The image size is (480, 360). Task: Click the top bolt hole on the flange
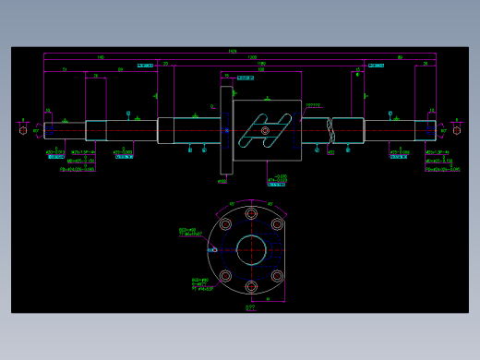coord(250,211)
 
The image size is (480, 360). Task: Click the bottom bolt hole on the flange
coord(250,287)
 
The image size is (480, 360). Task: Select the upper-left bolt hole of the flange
coord(224,223)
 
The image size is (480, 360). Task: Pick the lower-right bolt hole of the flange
coord(277,275)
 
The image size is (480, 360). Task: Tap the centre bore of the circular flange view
coord(250,249)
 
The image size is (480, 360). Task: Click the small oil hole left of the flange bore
coord(213,249)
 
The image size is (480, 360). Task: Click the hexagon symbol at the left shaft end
coord(22,129)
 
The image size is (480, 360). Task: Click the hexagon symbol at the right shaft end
coord(456,129)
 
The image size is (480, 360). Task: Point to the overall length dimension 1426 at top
coord(232,51)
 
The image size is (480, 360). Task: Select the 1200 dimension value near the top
coord(252,58)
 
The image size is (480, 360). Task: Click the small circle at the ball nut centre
coord(266,130)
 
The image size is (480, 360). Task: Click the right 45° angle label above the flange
coord(270,203)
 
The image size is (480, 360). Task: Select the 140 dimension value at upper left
coord(100,58)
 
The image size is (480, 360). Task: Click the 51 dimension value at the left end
coord(64,70)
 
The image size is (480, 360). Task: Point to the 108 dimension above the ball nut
coord(261,70)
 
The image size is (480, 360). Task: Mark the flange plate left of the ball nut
coord(225,129)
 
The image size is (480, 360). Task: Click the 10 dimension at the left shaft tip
coord(48,113)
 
